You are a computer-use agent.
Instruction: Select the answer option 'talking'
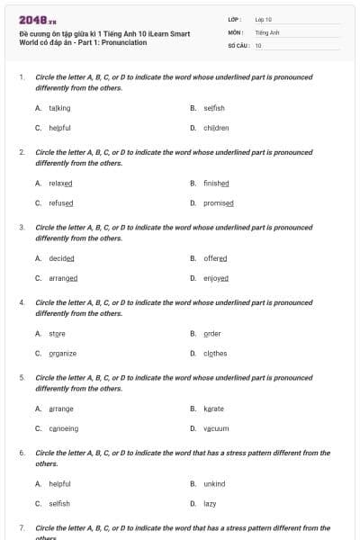point(59,108)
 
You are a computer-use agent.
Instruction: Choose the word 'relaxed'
point(60,183)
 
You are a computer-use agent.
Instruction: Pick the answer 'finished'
point(216,183)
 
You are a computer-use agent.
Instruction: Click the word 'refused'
point(60,203)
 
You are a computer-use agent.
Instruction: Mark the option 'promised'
point(218,203)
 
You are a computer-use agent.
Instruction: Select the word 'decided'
point(61,258)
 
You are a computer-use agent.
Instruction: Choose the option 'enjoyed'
point(216,278)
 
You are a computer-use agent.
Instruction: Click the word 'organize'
point(62,354)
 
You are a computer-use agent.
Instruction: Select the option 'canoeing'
point(63,428)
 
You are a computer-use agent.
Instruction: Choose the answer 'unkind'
point(214,483)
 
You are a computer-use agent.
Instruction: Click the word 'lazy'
point(210,504)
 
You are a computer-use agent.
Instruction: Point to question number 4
point(22,303)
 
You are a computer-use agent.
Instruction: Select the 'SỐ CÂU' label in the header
point(238,44)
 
